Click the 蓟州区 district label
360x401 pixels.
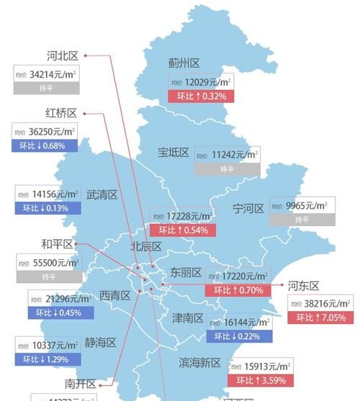tap(184, 64)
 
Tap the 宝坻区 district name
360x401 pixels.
tap(174, 153)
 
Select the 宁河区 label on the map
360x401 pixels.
tap(248, 209)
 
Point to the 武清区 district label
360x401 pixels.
tap(102, 194)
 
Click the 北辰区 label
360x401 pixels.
tap(145, 246)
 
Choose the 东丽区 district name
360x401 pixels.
tap(186, 273)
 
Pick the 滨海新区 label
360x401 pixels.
tap(199, 363)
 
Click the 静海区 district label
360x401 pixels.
tap(100, 343)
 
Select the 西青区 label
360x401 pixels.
tap(114, 295)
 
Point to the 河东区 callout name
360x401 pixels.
tap(303, 286)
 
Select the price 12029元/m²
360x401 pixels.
tap(203, 84)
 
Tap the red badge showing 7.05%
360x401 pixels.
tap(320, 317)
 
